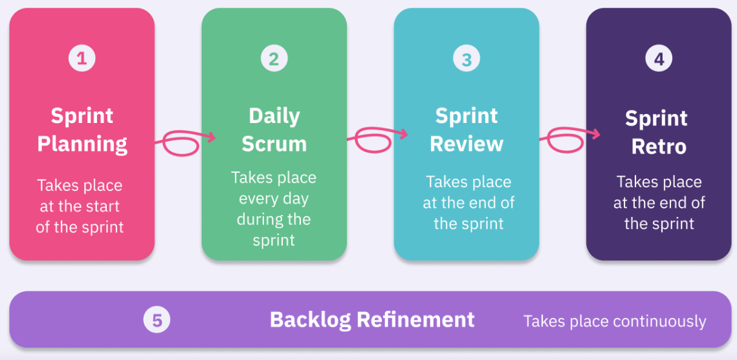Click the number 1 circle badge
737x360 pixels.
tap(82, 59)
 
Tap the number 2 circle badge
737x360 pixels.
tap(274, 59)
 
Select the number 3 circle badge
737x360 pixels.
tap(467, 60)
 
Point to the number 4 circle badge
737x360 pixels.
tap(659, 59)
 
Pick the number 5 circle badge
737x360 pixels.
tap(157, 320)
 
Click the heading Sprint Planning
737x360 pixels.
tap(82, 129)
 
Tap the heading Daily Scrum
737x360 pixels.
tap(274, 129)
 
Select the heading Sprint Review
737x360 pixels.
tap(467, 129)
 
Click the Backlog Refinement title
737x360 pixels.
tap(372, 319)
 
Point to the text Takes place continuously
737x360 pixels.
tap(615, 321)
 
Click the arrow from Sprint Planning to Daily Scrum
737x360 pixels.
tap(184, 141)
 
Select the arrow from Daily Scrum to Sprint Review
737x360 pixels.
tap(377, 138)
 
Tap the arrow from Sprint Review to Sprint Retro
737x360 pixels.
tap(569, 137)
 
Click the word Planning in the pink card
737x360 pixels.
tap(82, 144)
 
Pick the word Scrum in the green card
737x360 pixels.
tap(274, 144)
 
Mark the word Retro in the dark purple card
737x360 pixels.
tap(659, 146)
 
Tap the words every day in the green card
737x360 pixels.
tap(274, 198)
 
